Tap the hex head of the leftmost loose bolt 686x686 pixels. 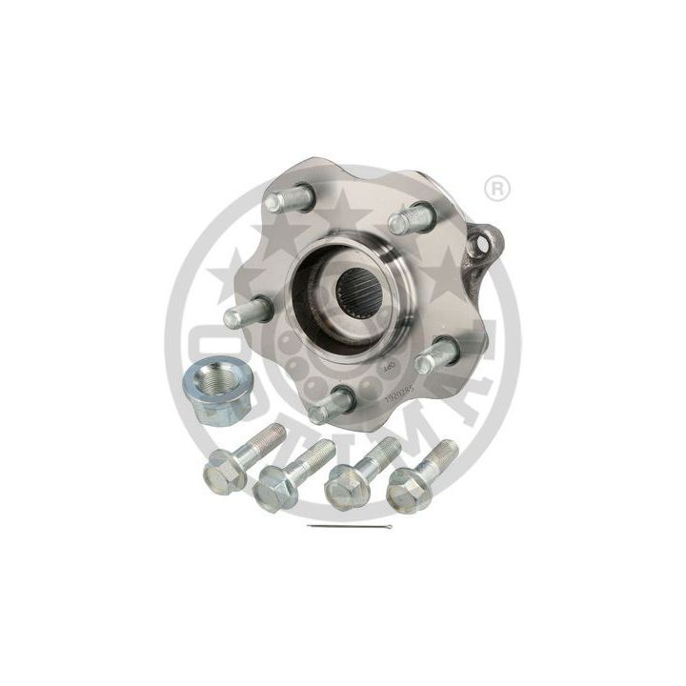[225, 470]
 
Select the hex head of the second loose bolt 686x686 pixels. [272, 491]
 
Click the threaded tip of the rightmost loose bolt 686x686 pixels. [445, 451]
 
